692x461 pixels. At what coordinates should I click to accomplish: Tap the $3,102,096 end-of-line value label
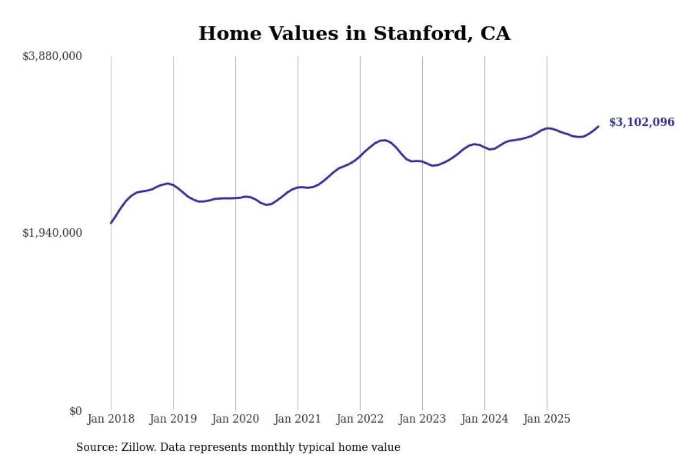(x=642, y=122)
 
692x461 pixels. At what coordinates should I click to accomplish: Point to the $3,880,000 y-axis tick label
(x=52, y=56)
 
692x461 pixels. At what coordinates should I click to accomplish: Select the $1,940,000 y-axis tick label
(x=52, y=232)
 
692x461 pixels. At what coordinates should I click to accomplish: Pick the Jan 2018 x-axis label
(x=111, y=419)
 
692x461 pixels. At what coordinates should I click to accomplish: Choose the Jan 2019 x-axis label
(x=173, y=419)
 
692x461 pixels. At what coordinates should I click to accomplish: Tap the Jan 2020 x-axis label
(x=235, y=419)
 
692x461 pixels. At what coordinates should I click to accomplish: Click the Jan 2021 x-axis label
(x=297, y=419)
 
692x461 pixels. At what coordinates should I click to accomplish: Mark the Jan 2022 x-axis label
(x=360, y=419)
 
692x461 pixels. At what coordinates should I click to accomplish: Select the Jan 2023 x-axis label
(x=422, y=419)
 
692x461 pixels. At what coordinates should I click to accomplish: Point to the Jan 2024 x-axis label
(x=484, y=419)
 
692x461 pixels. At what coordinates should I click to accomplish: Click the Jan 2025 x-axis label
(x=547, y=419)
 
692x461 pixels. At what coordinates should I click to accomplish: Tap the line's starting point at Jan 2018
(x=111, y=223)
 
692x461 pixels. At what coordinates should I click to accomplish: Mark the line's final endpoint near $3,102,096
(x=598, y=126)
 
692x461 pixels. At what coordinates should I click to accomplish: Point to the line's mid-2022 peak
(x=384, y=140)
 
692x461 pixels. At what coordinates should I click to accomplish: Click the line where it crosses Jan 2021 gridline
(x=298, y=187)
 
